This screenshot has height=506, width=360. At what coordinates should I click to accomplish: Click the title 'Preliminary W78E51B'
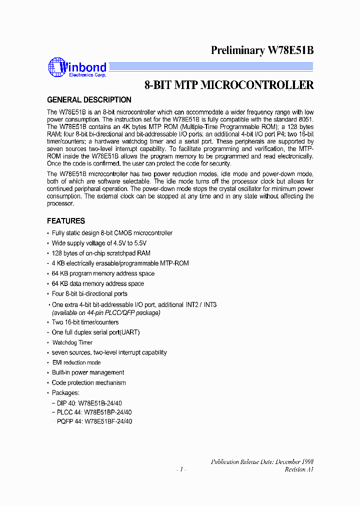point(262,50)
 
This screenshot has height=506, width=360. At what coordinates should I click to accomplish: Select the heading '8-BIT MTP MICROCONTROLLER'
point(229,85)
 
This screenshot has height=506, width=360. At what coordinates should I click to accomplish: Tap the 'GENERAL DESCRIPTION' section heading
point(89,100)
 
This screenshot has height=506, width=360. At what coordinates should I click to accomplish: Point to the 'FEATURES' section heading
point(66,221)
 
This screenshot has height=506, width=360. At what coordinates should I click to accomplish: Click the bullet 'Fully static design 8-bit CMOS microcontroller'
point(112,233)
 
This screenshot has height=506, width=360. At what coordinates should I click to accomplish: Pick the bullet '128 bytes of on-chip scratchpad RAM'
point(101,253)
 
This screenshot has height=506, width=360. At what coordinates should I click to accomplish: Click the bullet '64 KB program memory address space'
point(103,273)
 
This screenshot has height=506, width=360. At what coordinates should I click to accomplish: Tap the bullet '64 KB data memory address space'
point(98,283)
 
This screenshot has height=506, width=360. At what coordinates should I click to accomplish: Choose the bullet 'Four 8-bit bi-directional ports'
point(89,294)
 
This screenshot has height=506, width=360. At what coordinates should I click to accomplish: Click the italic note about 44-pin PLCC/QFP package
point(106,312)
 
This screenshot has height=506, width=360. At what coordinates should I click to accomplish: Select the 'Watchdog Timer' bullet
point(72,342)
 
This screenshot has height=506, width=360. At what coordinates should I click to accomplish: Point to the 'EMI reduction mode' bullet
point(76,362)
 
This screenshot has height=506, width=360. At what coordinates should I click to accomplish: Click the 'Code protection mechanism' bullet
point(88,383)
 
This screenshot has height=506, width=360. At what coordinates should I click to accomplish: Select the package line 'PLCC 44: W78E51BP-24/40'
point(93,412)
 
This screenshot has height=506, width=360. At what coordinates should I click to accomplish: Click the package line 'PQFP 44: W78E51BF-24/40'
point(93,421)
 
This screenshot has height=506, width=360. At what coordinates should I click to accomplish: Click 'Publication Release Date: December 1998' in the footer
point(262,461)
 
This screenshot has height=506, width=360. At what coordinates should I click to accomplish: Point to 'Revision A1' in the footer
point(299,469)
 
